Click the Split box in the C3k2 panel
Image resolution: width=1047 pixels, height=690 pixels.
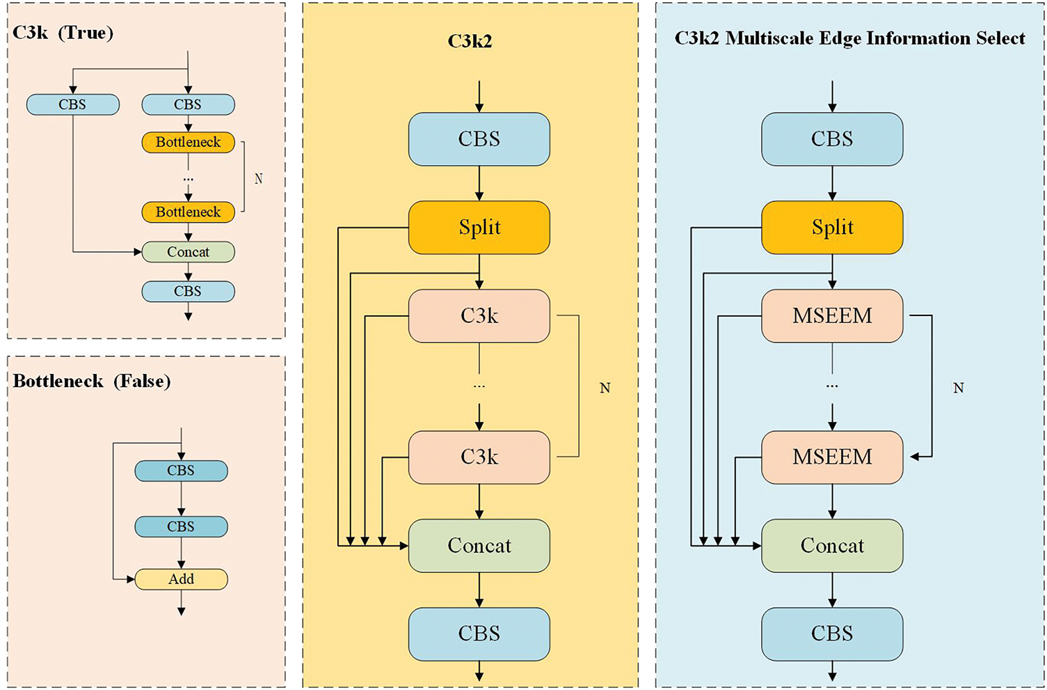[x=479, y=228]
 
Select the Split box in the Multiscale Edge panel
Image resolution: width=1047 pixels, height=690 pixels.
[x=832, y=228]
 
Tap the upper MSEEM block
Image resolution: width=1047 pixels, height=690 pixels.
[x=832, y=316]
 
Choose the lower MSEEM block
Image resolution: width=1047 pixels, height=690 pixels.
[x=832, y=457]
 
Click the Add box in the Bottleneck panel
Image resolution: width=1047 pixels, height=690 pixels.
[x=182, y=579]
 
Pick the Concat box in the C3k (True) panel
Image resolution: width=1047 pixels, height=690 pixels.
[x=189, y=251]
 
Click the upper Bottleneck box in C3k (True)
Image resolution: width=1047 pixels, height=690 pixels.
[x=189, y=142]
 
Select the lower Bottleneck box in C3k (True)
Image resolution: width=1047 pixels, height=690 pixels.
[x=189, y=212]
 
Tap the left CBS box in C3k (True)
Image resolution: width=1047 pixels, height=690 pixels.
[x=73, y=104]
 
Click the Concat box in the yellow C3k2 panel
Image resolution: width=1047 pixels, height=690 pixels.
[x=479, y=545]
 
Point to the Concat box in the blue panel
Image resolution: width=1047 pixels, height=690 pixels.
[x=832, y=545]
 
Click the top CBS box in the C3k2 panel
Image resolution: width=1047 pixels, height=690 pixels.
[x=479, y=139]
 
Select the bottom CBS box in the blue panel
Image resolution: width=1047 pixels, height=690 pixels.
[x=832, y=634]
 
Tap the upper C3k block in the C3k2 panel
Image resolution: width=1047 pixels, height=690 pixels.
[x=479, y=316]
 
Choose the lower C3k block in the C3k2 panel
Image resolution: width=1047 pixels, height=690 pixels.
[x=479, y=457]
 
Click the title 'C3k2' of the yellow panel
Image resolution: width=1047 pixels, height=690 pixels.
[x=470, y=41]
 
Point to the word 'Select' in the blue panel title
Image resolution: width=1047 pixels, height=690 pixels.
[x=1000, y=38]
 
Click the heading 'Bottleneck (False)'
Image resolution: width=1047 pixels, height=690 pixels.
[x=92, y=382]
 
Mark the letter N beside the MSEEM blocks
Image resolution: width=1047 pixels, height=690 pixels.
[x=958, y=388]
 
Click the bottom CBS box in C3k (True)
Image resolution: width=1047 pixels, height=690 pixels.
[x=189, y=291]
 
